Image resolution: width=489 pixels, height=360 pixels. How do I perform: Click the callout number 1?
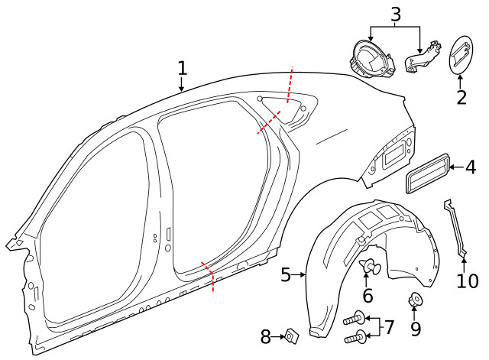click(x=182, y=67)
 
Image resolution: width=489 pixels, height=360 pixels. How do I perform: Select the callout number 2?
click(x=461, y=97)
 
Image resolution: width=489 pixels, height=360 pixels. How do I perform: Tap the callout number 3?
click(x=395, y=13)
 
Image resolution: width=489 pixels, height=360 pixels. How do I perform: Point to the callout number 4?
click(x=470, y=167)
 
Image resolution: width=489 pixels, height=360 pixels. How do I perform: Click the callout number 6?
click(x=368, y=295)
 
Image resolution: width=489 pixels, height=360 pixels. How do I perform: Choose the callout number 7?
click(x=388, y=327)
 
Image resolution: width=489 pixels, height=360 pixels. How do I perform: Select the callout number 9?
click(x=416, y=328)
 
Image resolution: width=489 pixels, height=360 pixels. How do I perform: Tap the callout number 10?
click(x=467, y=281)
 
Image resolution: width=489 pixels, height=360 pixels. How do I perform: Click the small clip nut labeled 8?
click(x=290, y=334)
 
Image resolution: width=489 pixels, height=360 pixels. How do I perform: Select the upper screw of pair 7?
click(x=355, y=319)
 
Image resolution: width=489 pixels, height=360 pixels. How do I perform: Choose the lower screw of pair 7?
click(x=355, y=336)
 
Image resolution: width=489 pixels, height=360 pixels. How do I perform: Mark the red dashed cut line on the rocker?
click(x=208, y=277)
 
